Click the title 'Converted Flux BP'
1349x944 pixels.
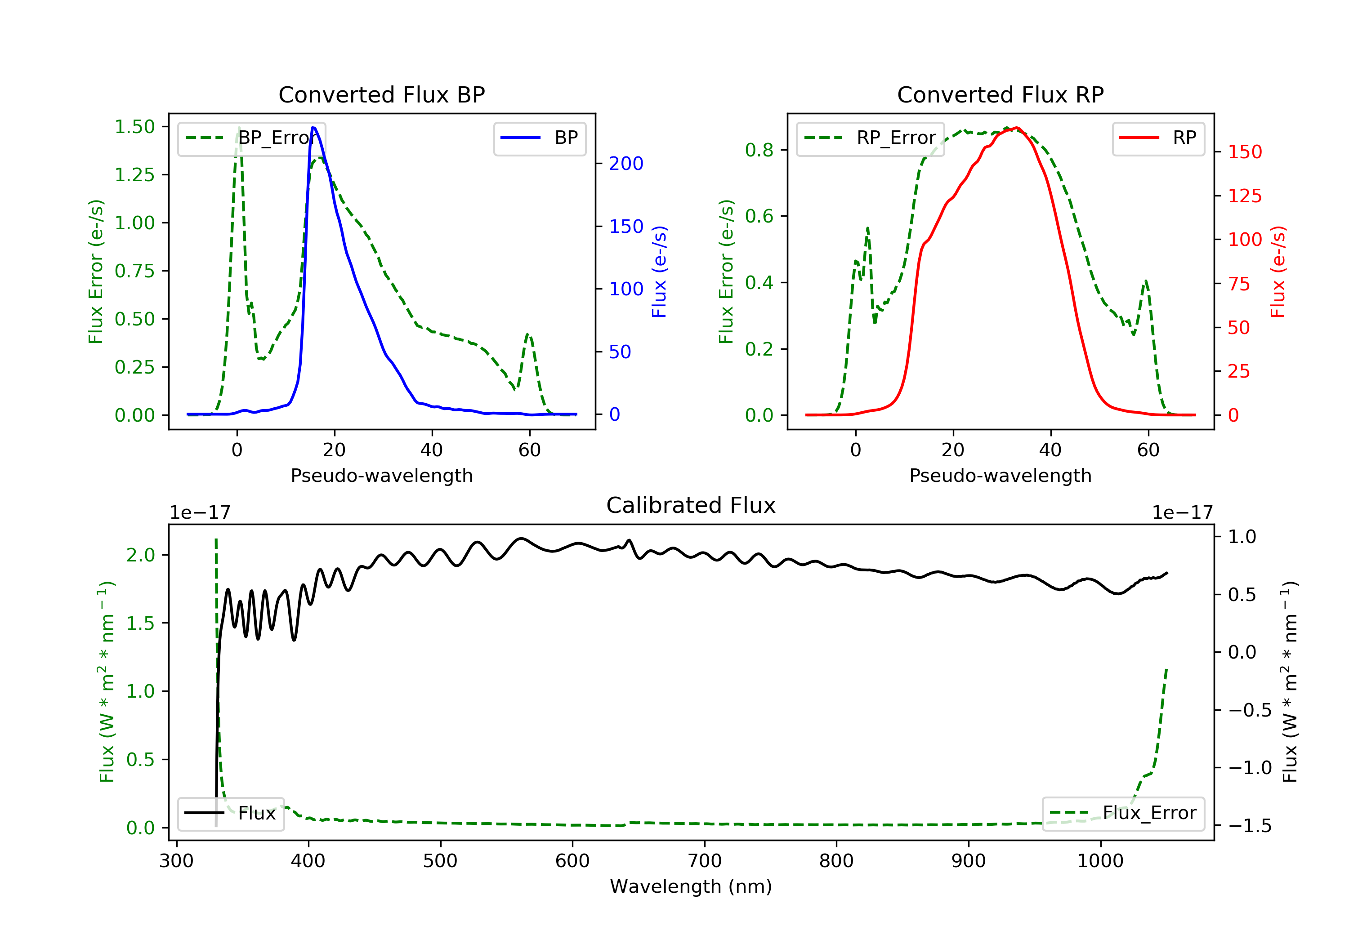click(381, 94)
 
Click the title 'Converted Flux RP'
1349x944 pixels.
click(1000, 94)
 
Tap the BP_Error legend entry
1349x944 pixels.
click(251, 138)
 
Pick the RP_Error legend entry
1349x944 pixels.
click(870, 138)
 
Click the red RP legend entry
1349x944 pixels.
click(1158, 138)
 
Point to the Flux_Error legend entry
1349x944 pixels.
click(1123, 813)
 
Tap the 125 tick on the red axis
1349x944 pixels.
click(1244, 196)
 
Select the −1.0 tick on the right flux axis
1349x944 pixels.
click(1250, 768)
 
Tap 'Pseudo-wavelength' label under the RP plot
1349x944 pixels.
click(1000, 475)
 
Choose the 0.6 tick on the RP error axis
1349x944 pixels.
click(759, 216)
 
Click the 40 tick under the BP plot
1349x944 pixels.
click(432, 450)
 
